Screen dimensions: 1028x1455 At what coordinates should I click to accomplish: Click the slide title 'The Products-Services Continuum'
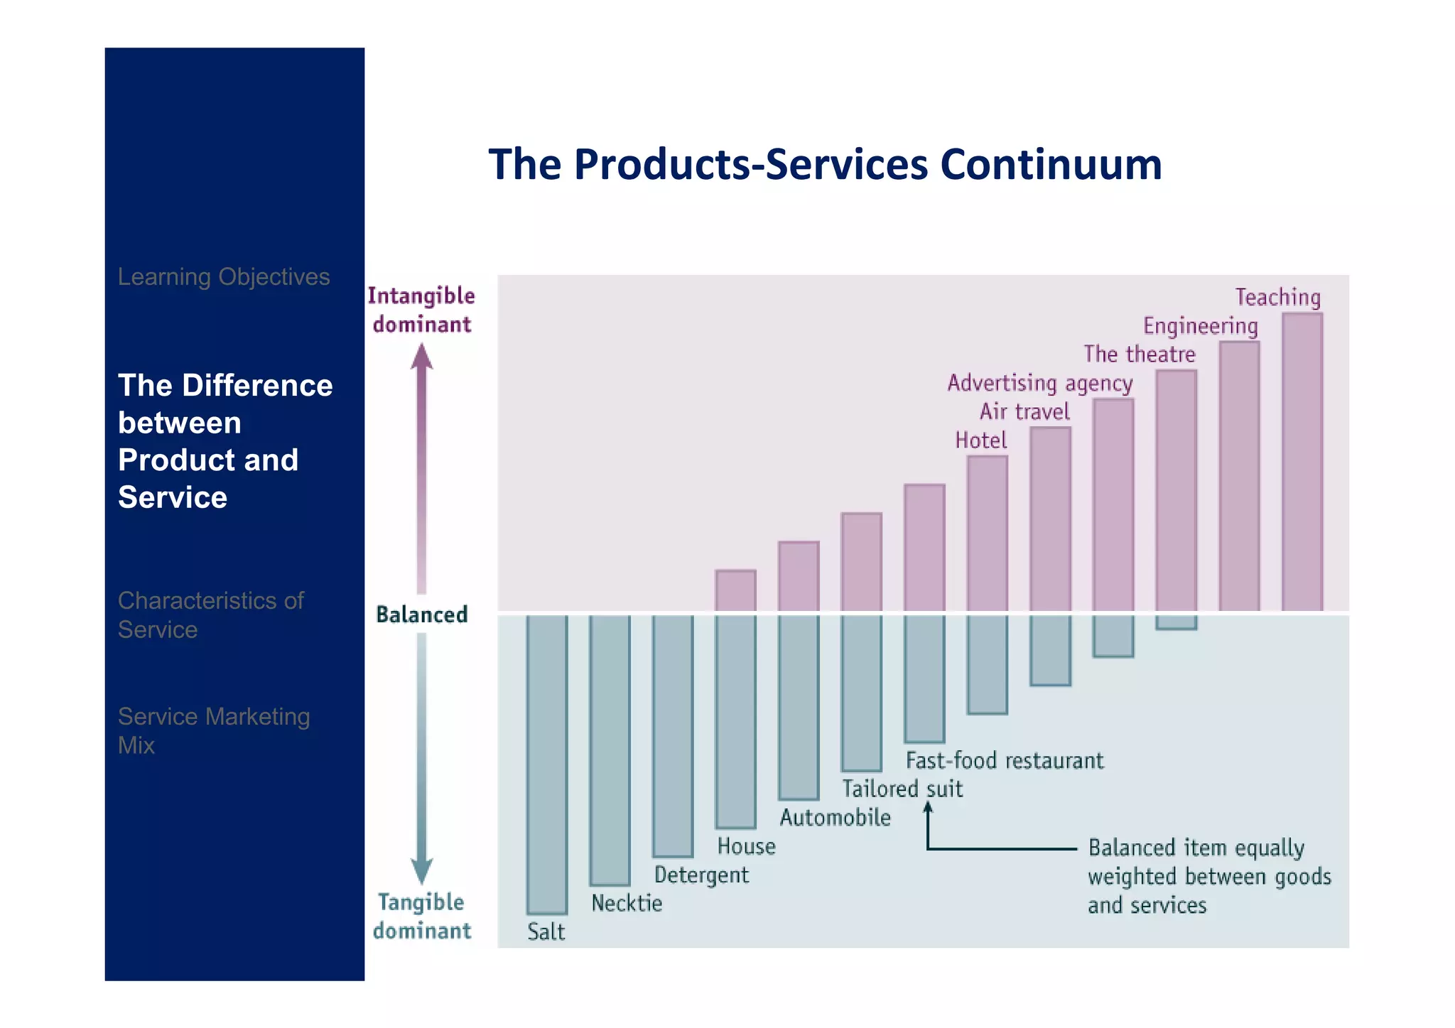[824, 164]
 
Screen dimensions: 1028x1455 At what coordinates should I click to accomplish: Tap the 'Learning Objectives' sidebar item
[223, 276]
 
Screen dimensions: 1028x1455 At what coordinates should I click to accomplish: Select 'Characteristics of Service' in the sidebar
[210, 615]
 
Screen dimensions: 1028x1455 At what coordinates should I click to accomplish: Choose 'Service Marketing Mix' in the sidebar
[213, 730]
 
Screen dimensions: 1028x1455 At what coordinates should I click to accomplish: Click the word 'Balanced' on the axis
[421, 615]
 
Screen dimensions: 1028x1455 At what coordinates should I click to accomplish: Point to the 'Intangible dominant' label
[421, 310]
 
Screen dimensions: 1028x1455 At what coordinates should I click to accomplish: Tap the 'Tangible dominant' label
[421, 916]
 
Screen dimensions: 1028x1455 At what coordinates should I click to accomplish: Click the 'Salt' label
[546, 931]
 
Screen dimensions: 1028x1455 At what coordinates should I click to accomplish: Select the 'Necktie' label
[627, 903]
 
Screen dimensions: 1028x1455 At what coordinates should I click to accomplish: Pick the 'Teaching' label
[1277, 297]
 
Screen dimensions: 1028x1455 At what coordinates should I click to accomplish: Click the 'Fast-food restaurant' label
[1004, 761]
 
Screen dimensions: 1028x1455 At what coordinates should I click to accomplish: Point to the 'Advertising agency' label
[1039, 383]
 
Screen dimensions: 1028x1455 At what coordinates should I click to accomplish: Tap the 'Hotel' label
[980, 440]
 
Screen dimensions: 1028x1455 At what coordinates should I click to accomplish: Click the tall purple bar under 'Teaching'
[1302, 462]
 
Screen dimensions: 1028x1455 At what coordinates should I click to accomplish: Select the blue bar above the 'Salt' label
[546, 764]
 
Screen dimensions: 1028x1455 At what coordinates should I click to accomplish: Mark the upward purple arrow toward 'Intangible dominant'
[421, 469]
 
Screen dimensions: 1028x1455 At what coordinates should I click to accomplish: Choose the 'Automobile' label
[835, 818]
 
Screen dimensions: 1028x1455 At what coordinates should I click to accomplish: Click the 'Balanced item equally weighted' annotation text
[1208, 877]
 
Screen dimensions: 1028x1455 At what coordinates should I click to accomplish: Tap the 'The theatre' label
[1139, 354]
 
